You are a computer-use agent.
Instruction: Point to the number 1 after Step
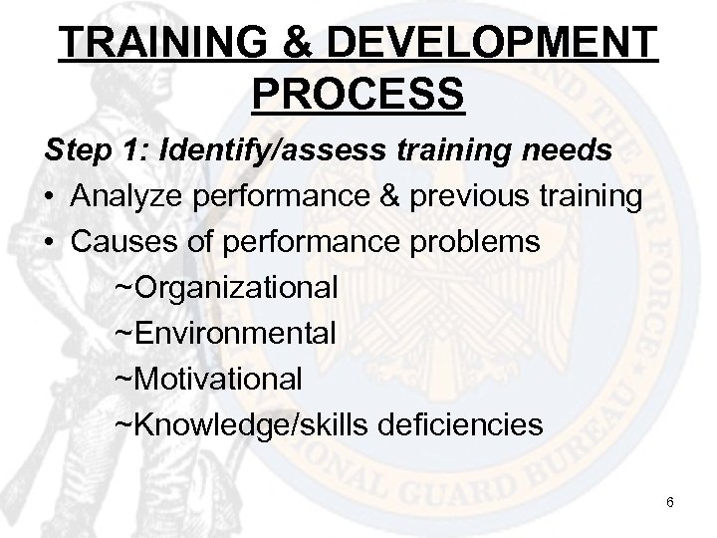(x=137, y=152)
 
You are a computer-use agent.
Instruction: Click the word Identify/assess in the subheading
(x=258, y=153)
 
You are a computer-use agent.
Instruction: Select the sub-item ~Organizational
(x=227, y=289)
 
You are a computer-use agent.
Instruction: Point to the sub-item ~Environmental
(x=226, y=334)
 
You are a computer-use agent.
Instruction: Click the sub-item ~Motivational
(x=209, y=380)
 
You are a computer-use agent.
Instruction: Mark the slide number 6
(x=670, y=502)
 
